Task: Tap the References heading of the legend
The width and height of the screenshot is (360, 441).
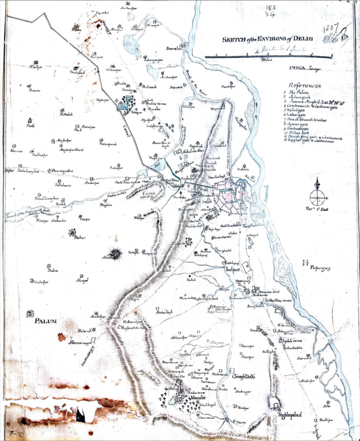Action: click(305, 86)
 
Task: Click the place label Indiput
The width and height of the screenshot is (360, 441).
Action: click(232, 270)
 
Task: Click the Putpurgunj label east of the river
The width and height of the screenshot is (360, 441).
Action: click(319, 268)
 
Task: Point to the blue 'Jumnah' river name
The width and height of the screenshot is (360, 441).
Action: click(266, 193)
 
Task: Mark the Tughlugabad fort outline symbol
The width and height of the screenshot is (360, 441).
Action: click(273, 403)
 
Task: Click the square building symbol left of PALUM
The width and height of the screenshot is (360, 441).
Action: click(30, 314)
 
